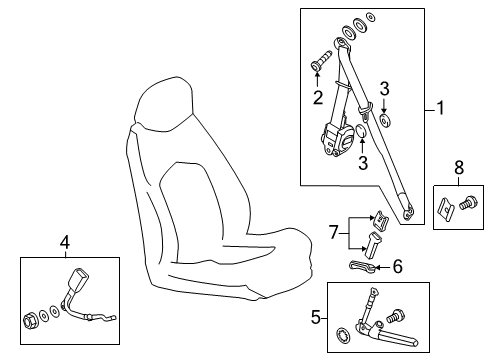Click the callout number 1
(441, 108)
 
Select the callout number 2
(318, 97)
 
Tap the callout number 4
(65, 242)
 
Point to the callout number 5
(316, 317)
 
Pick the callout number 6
(397, 266)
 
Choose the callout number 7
(334, 232)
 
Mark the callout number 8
(459, 167)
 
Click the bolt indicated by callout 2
(321, 61)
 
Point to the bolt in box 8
(468, 203)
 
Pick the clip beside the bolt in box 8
(445, 207)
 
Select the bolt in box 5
(395, 316)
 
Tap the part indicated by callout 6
(362, 266)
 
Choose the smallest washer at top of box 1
(370, 17)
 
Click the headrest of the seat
(165, 103)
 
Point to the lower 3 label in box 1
(363, 163)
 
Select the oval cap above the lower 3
(361, 130)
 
